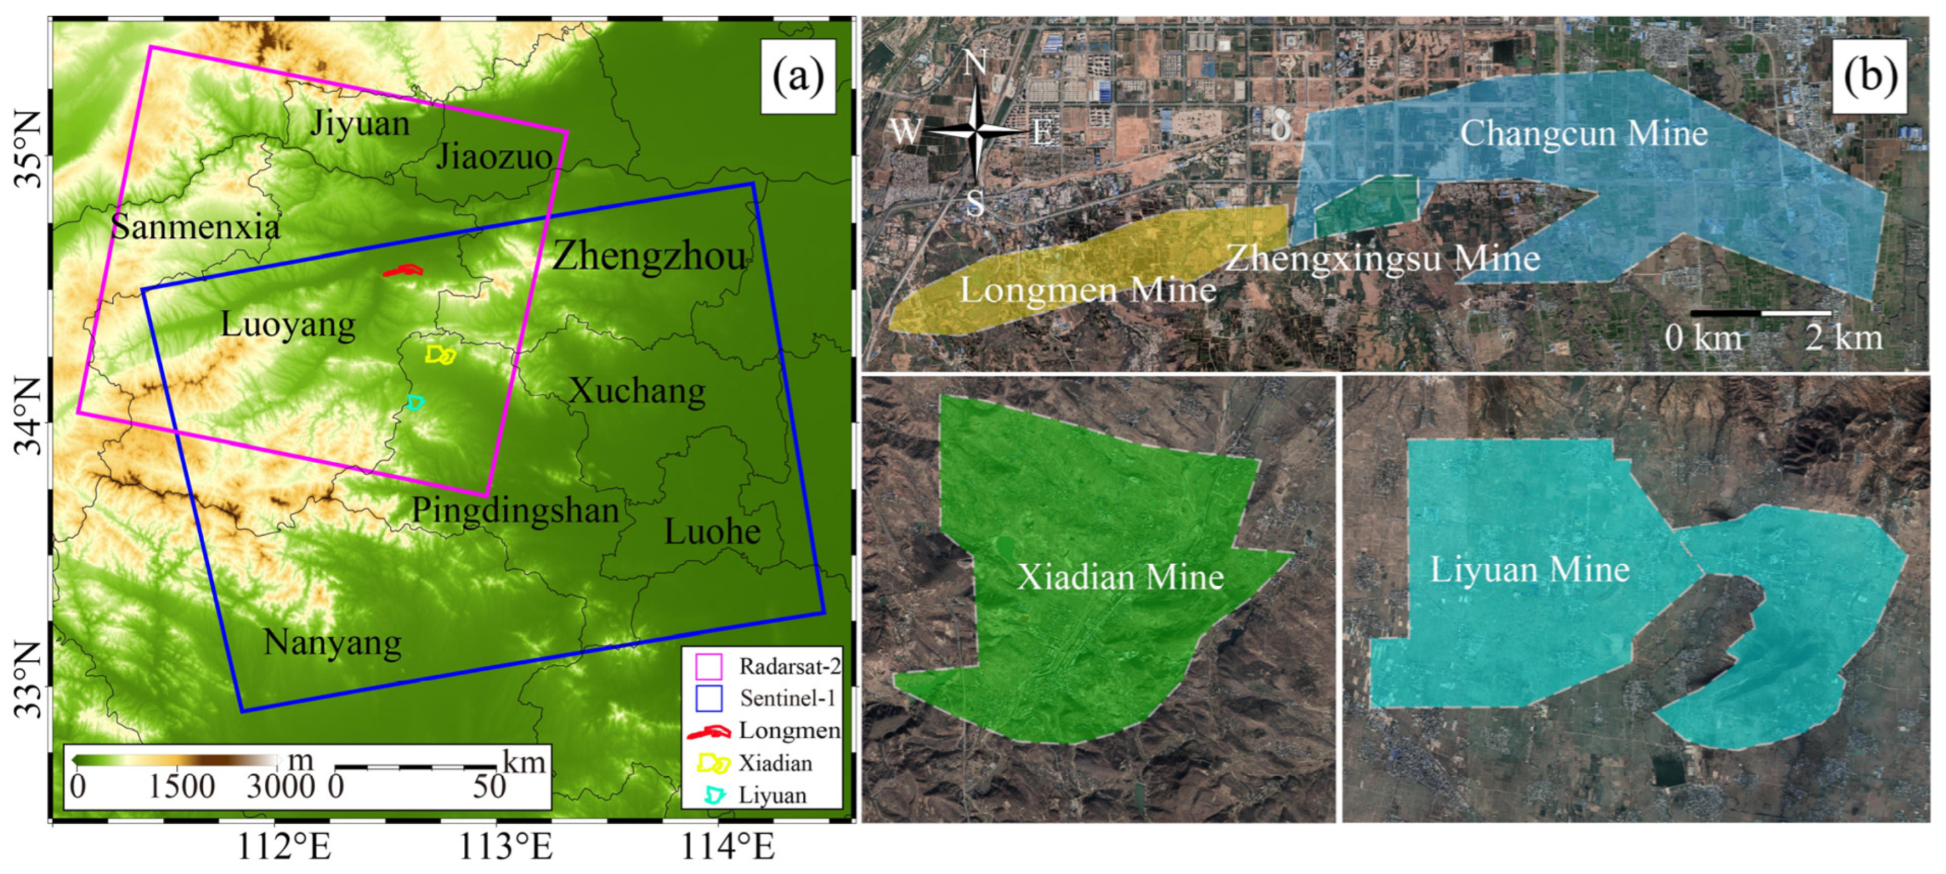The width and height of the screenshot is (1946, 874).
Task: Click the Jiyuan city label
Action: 359,122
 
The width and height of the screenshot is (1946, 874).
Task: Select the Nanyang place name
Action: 332,643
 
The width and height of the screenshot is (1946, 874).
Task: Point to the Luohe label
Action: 712,532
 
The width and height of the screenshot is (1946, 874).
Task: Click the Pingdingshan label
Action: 515,511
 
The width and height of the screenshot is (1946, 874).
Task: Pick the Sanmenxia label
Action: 195,226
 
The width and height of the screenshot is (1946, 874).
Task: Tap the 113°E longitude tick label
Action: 507,847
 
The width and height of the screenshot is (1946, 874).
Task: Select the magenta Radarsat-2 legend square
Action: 708,667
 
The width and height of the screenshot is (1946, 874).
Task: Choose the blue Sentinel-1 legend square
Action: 708,698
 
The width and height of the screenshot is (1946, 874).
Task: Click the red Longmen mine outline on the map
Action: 402,270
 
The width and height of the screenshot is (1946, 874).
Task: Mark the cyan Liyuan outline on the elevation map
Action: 415,402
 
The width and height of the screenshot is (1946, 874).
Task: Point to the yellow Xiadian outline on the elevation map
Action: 441,354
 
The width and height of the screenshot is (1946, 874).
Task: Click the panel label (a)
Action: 798,75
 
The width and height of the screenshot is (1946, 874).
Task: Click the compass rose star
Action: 976,133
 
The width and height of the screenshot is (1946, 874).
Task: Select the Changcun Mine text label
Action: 1583,133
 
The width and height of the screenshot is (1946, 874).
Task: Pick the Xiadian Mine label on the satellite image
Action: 1120,577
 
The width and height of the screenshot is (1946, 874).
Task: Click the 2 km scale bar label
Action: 1844,337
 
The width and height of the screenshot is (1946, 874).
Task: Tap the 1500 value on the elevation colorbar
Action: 181,786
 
